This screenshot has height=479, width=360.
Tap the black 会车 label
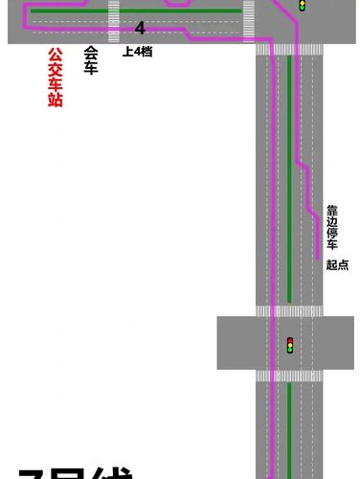(91, 61)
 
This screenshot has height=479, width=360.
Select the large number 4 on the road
(140, 29)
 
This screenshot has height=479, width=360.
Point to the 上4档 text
(137, 51)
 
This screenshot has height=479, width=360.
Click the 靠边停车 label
(332, 226)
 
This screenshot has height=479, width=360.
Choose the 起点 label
(337, 264)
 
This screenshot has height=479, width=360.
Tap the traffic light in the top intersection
(303, 5)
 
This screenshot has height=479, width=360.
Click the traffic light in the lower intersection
(289, 344)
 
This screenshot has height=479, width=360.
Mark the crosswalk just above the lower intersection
(289, 311)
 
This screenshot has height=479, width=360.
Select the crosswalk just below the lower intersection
(289, 376)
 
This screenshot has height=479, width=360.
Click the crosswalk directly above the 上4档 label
(114, 21)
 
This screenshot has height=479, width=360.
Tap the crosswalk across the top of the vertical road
(289, 49)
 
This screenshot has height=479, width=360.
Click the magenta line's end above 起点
(318, 256)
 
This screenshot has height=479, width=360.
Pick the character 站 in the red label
(56, 99)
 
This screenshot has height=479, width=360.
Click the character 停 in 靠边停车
(332, 232)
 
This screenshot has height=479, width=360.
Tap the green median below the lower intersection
(289, 431)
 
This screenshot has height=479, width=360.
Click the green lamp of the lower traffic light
(289, 350)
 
